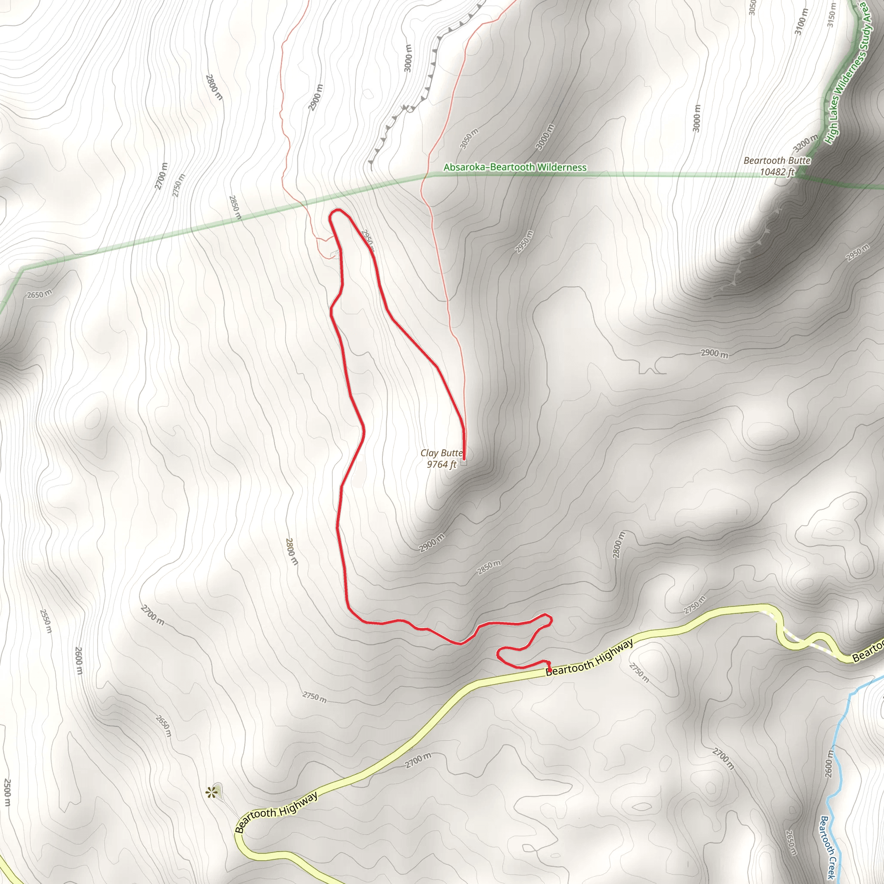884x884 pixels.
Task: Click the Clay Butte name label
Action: point(441,453)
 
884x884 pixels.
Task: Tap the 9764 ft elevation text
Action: point(441,464)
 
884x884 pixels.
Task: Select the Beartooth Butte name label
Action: point(777,161)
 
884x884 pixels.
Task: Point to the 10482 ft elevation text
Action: point(777,172)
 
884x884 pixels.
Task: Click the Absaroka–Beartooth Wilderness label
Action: point(515,167)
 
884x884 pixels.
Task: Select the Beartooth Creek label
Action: point(829,847)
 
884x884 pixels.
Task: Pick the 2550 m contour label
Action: point(46,621)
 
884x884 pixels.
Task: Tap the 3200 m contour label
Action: point(806,144)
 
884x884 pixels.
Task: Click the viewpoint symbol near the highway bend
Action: point(211,792)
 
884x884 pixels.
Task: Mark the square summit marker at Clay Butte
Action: point(464,463)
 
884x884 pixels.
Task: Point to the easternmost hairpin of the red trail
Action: point(551,619)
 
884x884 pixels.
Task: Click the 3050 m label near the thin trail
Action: point(469,139)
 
